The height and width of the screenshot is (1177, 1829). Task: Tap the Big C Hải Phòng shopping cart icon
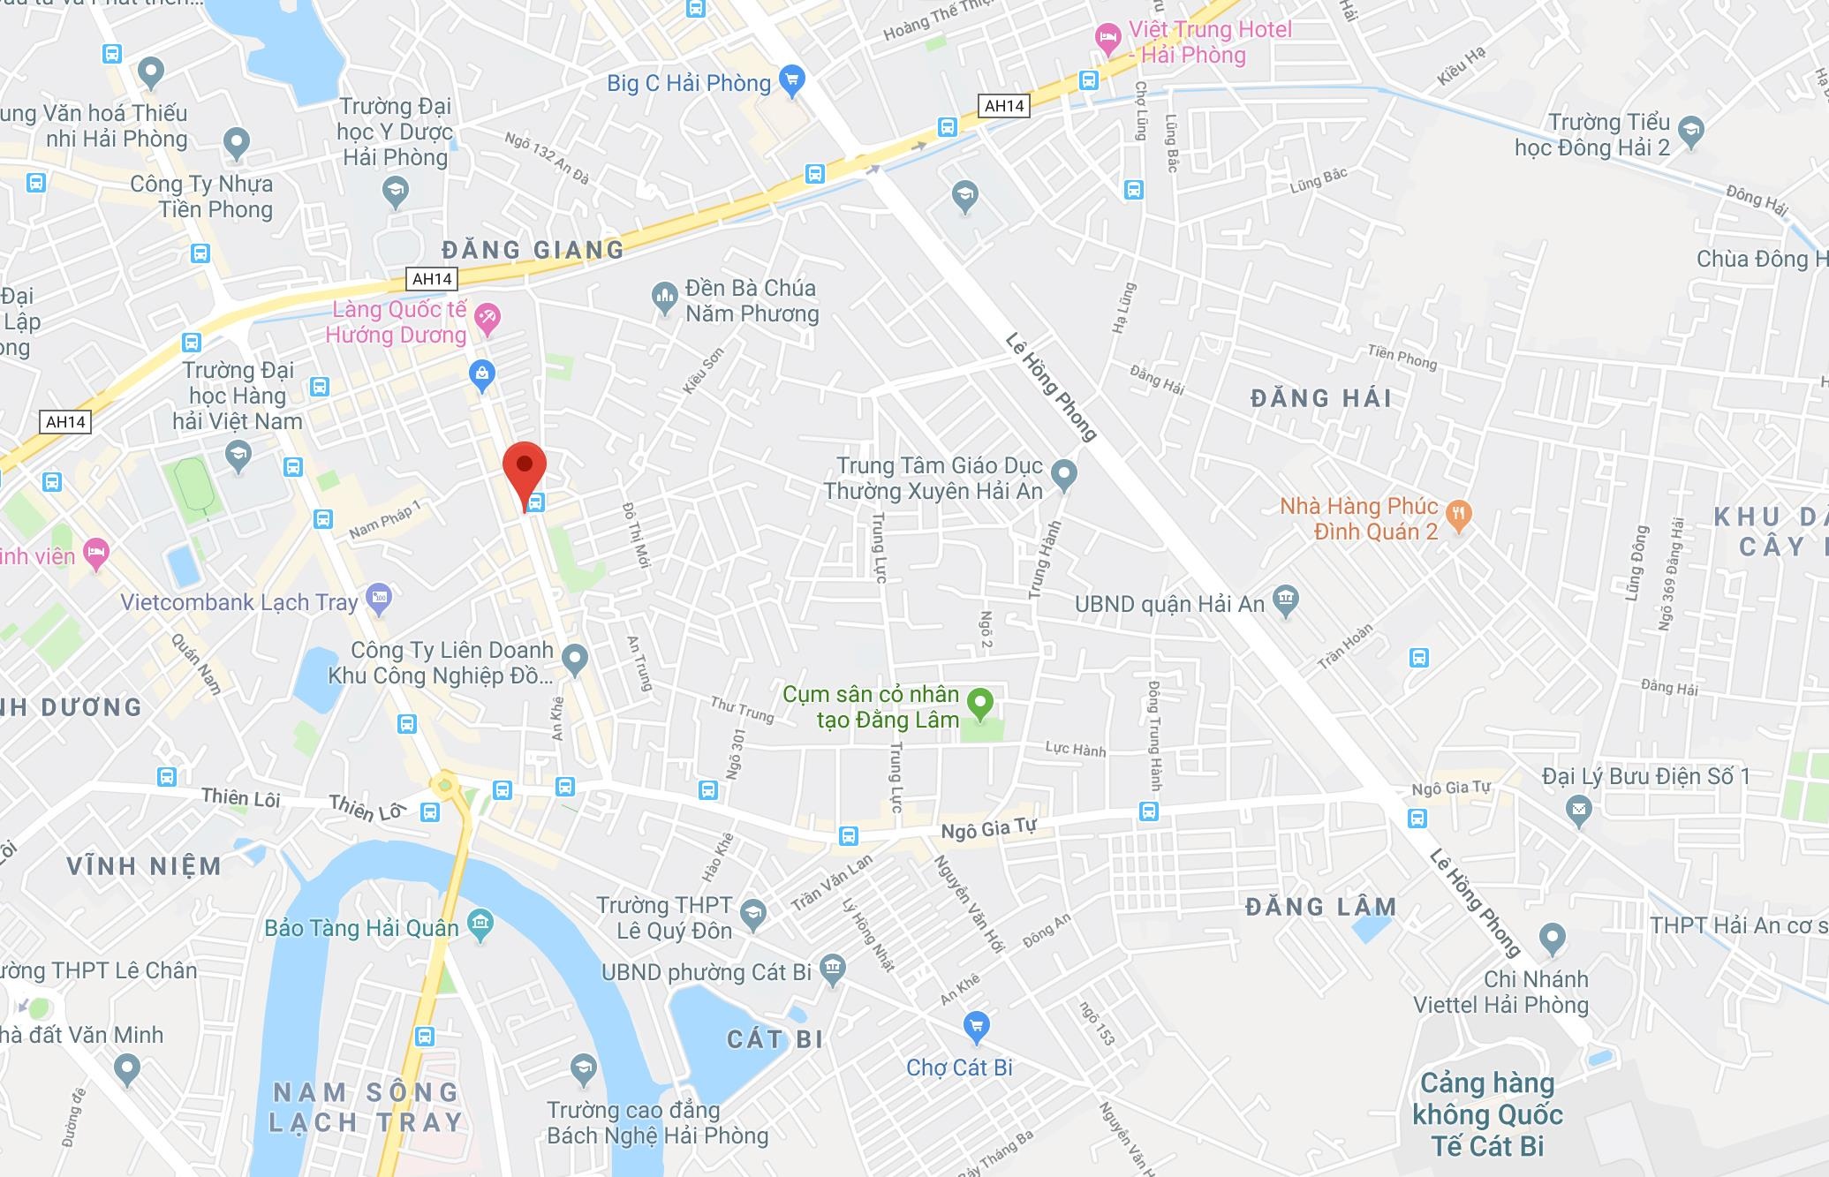pyautogui.click(x=792, y=80)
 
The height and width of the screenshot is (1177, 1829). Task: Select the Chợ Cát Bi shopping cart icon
pyautogui.click(x=976, y=1027)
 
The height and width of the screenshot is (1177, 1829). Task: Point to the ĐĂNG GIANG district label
pyautogui.click(x=533, y=250)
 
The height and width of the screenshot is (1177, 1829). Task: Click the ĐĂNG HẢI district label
pyautogui.click(x=1321, y=398)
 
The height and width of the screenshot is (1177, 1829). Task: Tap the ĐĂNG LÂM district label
pyautogui.click(x=1321, y=907)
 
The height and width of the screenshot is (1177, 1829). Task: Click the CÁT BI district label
pyautogui.click(x=775, y=1039)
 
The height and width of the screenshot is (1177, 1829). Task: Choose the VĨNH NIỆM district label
pyautogui.click(x=144, y=865)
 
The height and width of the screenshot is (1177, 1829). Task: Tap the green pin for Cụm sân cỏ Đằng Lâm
pyautogui.click(x=980, y=705)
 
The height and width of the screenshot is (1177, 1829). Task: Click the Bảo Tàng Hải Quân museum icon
pyautogui.click(x=480, y=924)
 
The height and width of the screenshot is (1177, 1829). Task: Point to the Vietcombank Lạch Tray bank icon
pyautogui.click(x=379, y=599)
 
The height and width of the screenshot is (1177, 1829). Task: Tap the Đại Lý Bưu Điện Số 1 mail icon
pyautogui.click(x=1579, y=808)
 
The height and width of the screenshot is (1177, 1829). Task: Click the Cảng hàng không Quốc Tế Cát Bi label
pyautogui.click(x=1487, y=1114)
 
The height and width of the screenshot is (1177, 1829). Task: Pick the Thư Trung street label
pyautogui.click(x=742, y=709)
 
